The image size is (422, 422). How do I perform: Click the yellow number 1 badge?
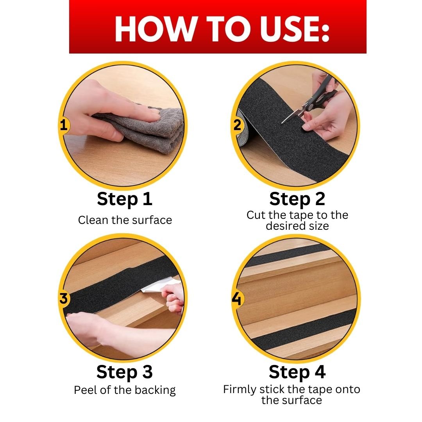(64, 125)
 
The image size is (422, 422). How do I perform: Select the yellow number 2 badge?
(237, 125)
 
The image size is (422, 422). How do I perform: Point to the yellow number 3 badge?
(64, 299)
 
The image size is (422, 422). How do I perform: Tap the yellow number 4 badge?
(237, 299)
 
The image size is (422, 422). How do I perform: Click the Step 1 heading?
(125, 199)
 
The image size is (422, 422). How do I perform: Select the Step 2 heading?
(297, 199)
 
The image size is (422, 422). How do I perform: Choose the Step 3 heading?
(125, 372)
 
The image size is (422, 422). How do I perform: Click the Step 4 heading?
(297, 372)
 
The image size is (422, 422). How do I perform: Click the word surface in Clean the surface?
(152, 220)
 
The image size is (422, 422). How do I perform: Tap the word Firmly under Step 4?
(240, 390)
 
